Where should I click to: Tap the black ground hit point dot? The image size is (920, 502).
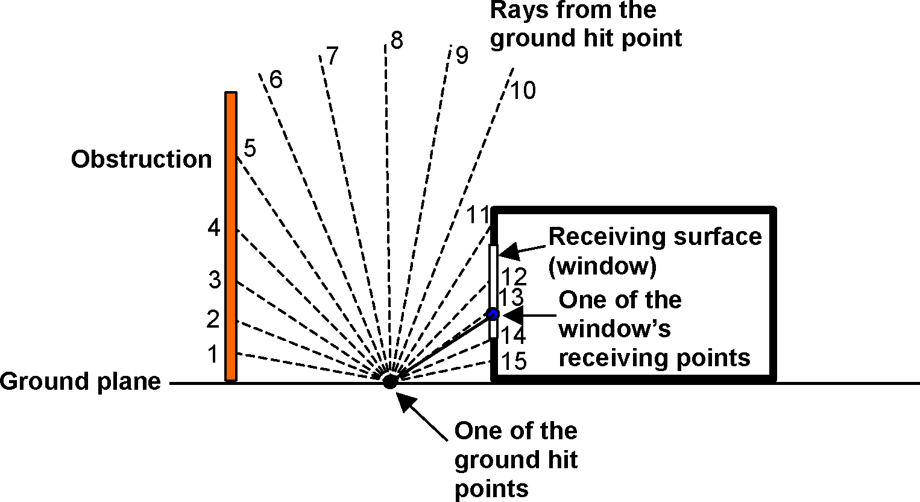point(390,381)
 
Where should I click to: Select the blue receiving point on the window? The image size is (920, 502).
point(493,314)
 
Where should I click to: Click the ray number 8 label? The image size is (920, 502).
point(396,41)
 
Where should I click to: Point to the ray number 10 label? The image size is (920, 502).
point(523,91)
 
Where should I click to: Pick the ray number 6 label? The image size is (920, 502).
point(276,80)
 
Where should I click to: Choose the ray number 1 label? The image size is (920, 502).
point(212,355)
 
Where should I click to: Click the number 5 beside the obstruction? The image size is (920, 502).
point(250,148)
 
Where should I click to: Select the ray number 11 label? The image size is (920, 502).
point(479,215)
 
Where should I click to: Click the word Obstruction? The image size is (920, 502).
point(141,159)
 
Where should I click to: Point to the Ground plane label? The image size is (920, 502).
point(80,382)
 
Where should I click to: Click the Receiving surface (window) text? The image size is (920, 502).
point(655,250)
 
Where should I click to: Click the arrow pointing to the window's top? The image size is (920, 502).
point(506,250)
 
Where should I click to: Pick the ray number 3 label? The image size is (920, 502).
point(215,281)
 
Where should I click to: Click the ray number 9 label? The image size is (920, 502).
point(461,56)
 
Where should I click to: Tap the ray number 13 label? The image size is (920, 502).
point(511,297)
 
